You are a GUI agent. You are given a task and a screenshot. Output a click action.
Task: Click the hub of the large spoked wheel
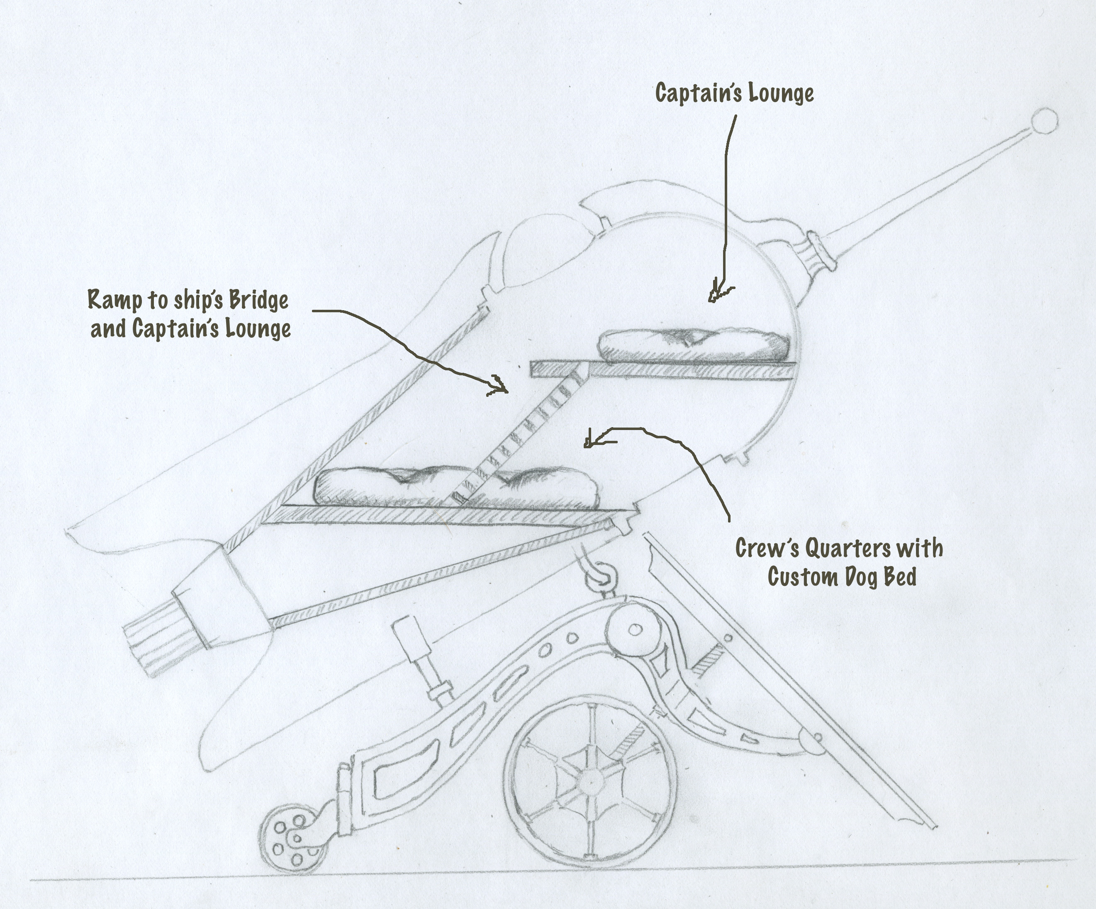pyautogui.click(x=590, y=782)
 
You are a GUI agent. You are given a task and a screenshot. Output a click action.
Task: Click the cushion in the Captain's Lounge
pyautogui.click(x=693, y=345)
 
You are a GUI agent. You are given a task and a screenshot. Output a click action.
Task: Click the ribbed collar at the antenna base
pyautogui.click(x=818, y=250)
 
